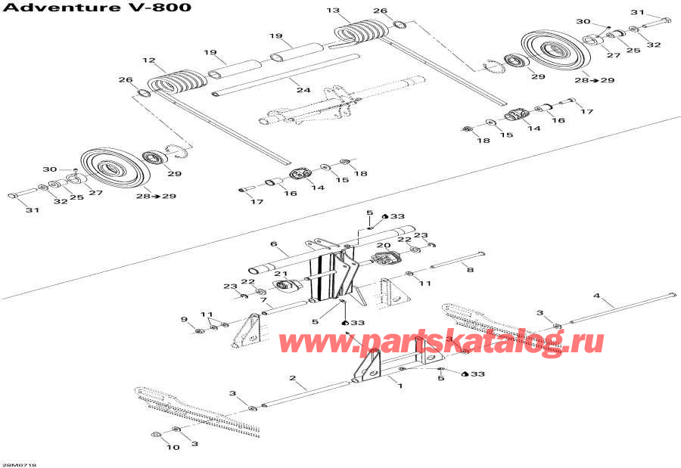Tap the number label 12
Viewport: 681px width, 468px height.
pos(148,60)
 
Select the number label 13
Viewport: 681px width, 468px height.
pos(333,11)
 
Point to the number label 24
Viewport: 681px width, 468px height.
pos(303,90)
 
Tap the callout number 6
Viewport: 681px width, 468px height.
pos(274,244)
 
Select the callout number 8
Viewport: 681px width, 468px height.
pos(470,270)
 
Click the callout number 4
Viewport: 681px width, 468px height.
pos(597,296)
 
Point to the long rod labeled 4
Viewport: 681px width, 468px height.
pos(623,308)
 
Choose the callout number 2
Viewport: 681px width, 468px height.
pos(293,378)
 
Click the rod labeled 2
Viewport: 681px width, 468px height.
pos(306,394)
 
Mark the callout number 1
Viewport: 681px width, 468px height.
pos(400,386)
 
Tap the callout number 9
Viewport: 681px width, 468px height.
pos(184,320)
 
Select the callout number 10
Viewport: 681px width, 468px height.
pos(173,447)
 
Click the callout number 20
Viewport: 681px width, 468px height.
pos(384,245)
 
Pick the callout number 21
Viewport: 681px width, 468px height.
pos(281,274)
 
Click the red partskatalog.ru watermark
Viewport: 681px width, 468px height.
pos(441,342)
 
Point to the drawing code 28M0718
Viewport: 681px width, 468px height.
pos(18,465)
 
